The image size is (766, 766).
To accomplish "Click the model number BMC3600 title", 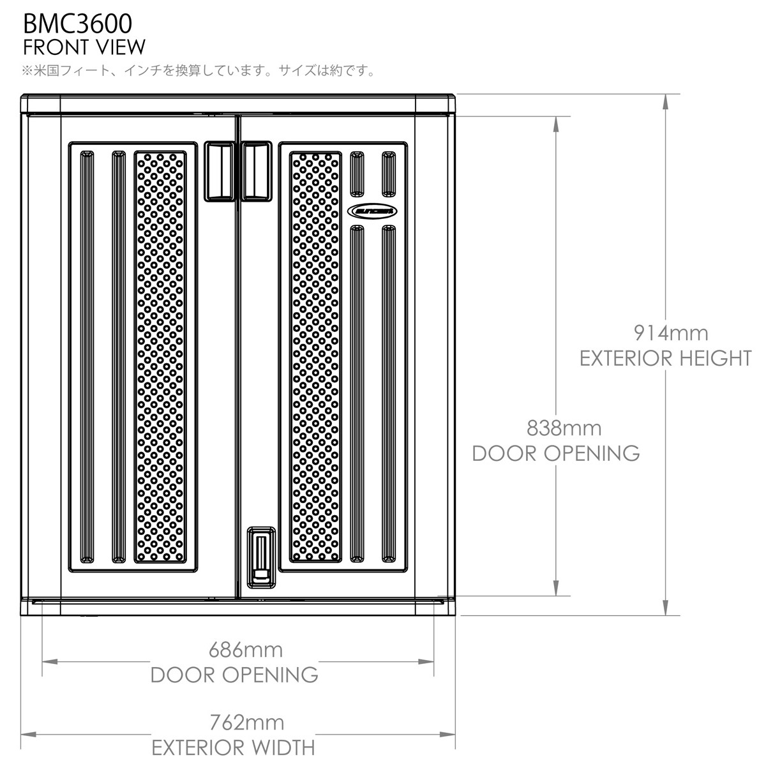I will tap(77, 23).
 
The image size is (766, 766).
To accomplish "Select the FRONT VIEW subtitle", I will tap(84, 47).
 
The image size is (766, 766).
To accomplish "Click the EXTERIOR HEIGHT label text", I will tap(665, 358).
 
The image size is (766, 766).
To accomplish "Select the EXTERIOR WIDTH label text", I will tap(233, 747).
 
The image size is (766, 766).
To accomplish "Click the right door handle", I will tap(257, 171).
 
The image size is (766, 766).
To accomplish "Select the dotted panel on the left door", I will tap(160, 357).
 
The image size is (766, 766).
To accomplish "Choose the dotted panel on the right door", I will tap(315, 357).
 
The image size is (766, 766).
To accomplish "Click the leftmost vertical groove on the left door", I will tap(86, 357).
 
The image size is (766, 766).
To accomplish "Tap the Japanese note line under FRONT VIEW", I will tap(198, 70).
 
